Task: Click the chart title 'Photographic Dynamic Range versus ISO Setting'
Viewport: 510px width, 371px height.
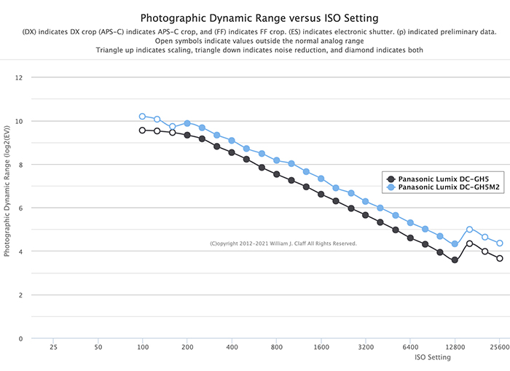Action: pos(254,17)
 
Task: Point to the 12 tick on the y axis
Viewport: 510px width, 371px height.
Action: pos(19,77)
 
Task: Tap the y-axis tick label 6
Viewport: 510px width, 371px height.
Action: pos(20,208)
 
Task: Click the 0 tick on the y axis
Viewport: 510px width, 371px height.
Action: pos(20,339)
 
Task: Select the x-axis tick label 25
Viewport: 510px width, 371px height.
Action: pos(53,348)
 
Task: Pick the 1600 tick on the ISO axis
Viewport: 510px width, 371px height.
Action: pos(321,348)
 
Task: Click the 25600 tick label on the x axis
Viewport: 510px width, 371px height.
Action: pos(500,348)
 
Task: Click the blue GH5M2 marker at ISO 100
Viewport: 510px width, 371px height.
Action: pos(143,117)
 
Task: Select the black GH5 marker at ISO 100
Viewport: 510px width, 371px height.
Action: pos(143,130)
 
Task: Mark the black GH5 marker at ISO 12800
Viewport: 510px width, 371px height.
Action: pos(455,260)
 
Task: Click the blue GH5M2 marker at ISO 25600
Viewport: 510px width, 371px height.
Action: pos(500,243)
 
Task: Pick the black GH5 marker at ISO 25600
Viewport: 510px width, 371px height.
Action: pos(500,259)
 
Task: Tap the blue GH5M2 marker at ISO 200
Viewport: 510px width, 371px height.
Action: pos(187,123)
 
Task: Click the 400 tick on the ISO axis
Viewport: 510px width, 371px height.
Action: pos(232,348)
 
